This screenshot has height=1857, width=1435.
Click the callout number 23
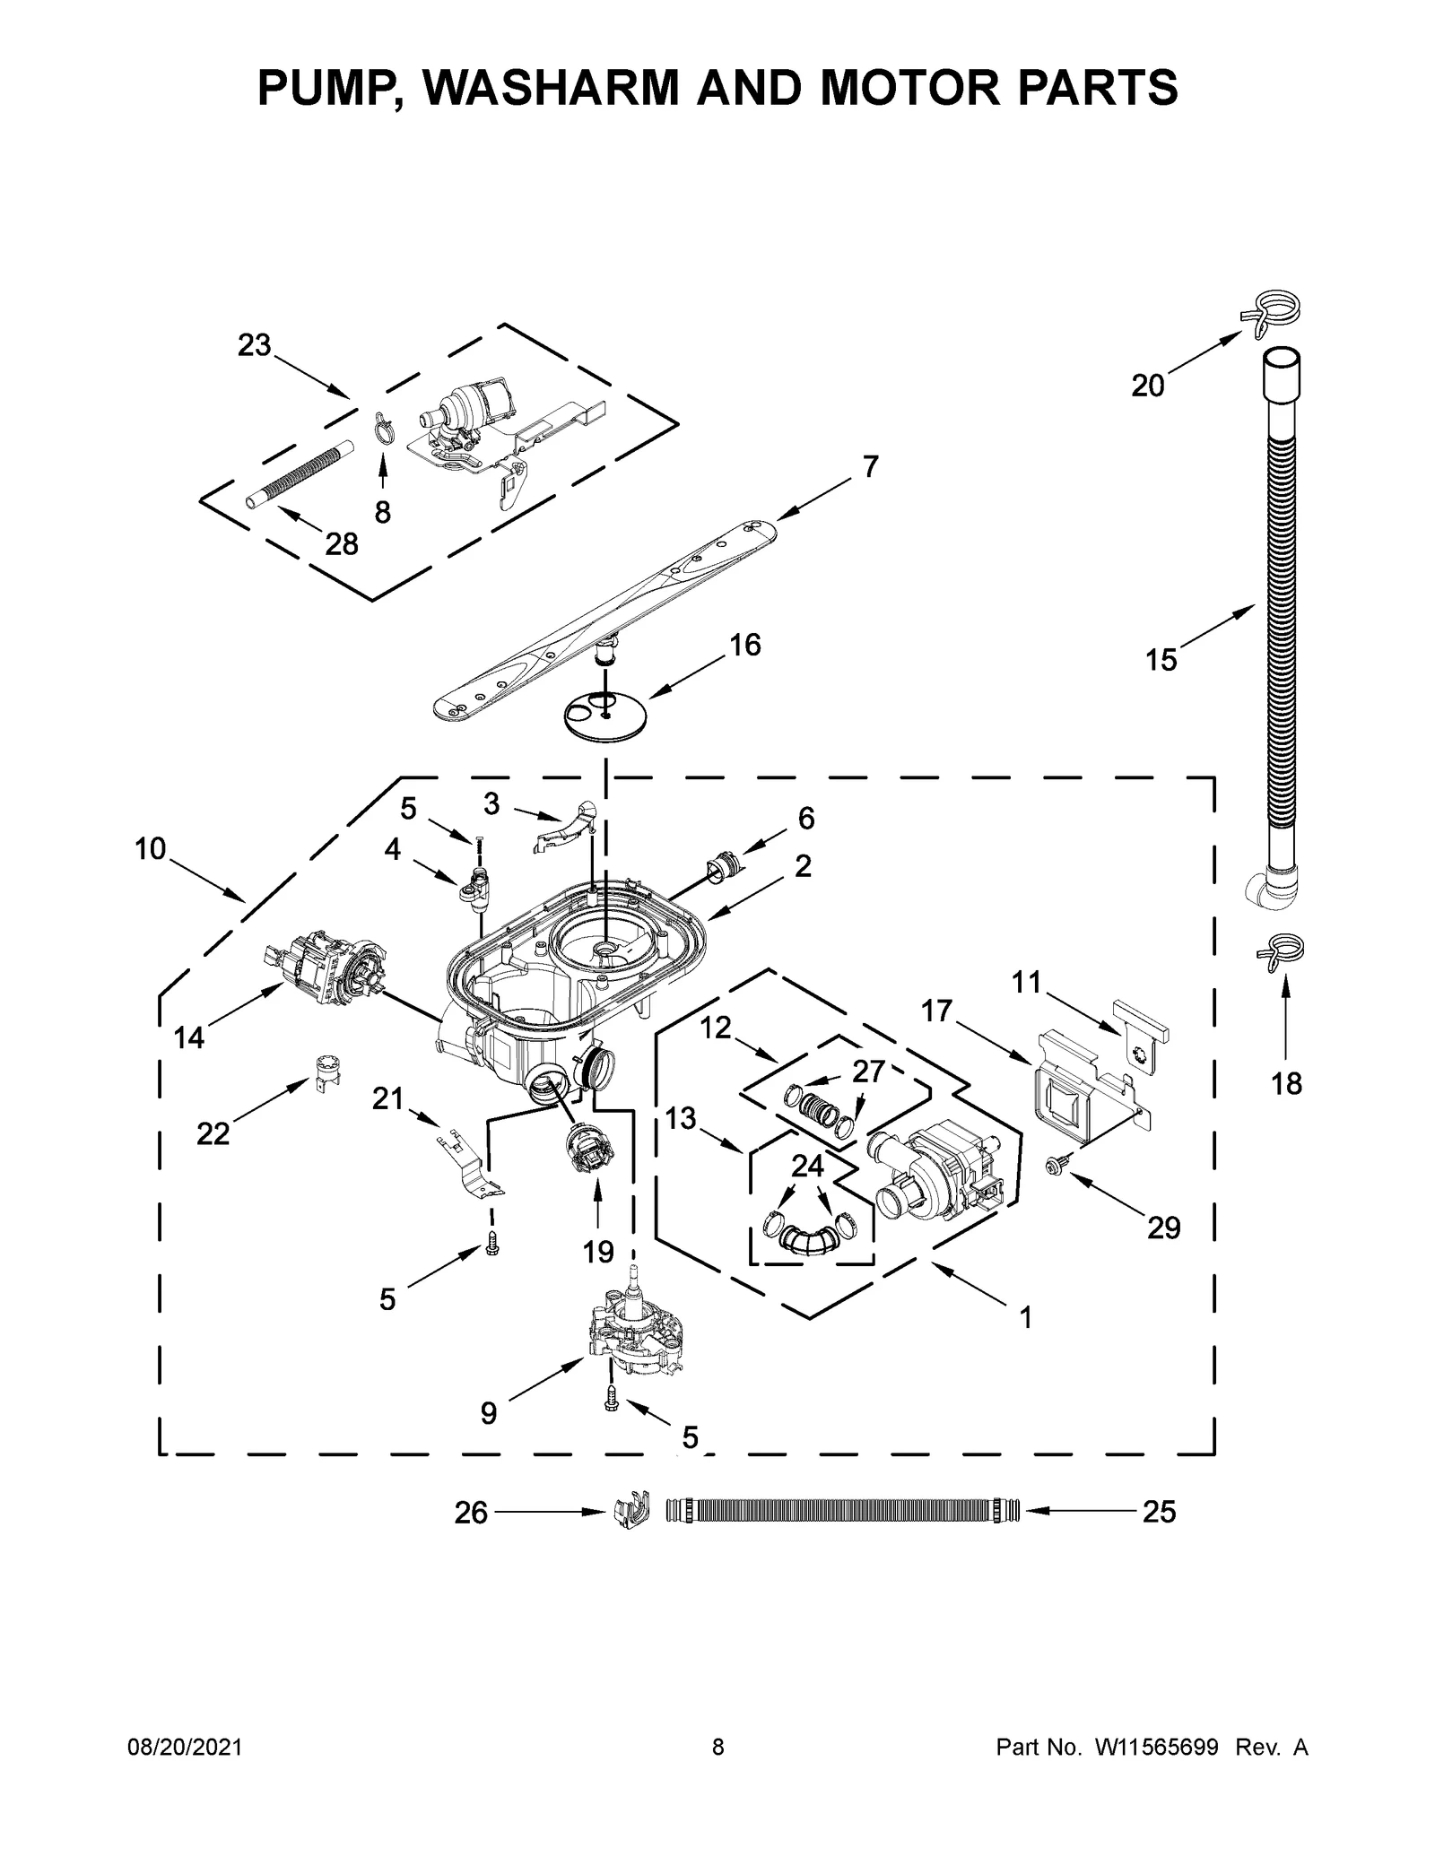(254, 345)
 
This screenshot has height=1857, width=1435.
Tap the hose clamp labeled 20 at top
(1271, 315)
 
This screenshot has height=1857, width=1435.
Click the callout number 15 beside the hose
(1161, 660)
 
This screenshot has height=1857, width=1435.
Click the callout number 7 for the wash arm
(870, 466)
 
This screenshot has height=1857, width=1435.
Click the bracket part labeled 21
(469, 1167)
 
